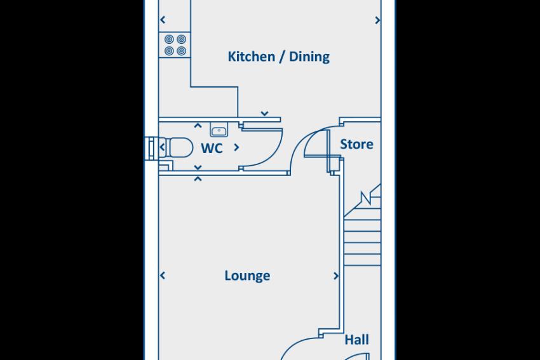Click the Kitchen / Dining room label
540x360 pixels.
279,57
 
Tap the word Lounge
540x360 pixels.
247,276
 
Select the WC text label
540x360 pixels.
212,148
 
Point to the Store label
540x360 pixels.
356,144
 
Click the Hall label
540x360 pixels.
356,340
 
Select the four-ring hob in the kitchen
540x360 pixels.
175,45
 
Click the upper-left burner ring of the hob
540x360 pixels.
169,39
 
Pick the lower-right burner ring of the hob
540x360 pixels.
181,51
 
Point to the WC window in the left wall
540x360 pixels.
151,149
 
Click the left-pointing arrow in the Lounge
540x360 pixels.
163,276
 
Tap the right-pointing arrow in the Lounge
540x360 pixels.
336,276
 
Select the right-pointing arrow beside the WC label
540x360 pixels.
236,147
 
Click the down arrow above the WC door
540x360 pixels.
264,114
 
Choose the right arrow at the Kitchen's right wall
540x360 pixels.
377,20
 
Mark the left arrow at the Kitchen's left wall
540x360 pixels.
163,20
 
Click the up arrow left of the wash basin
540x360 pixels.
198,126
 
